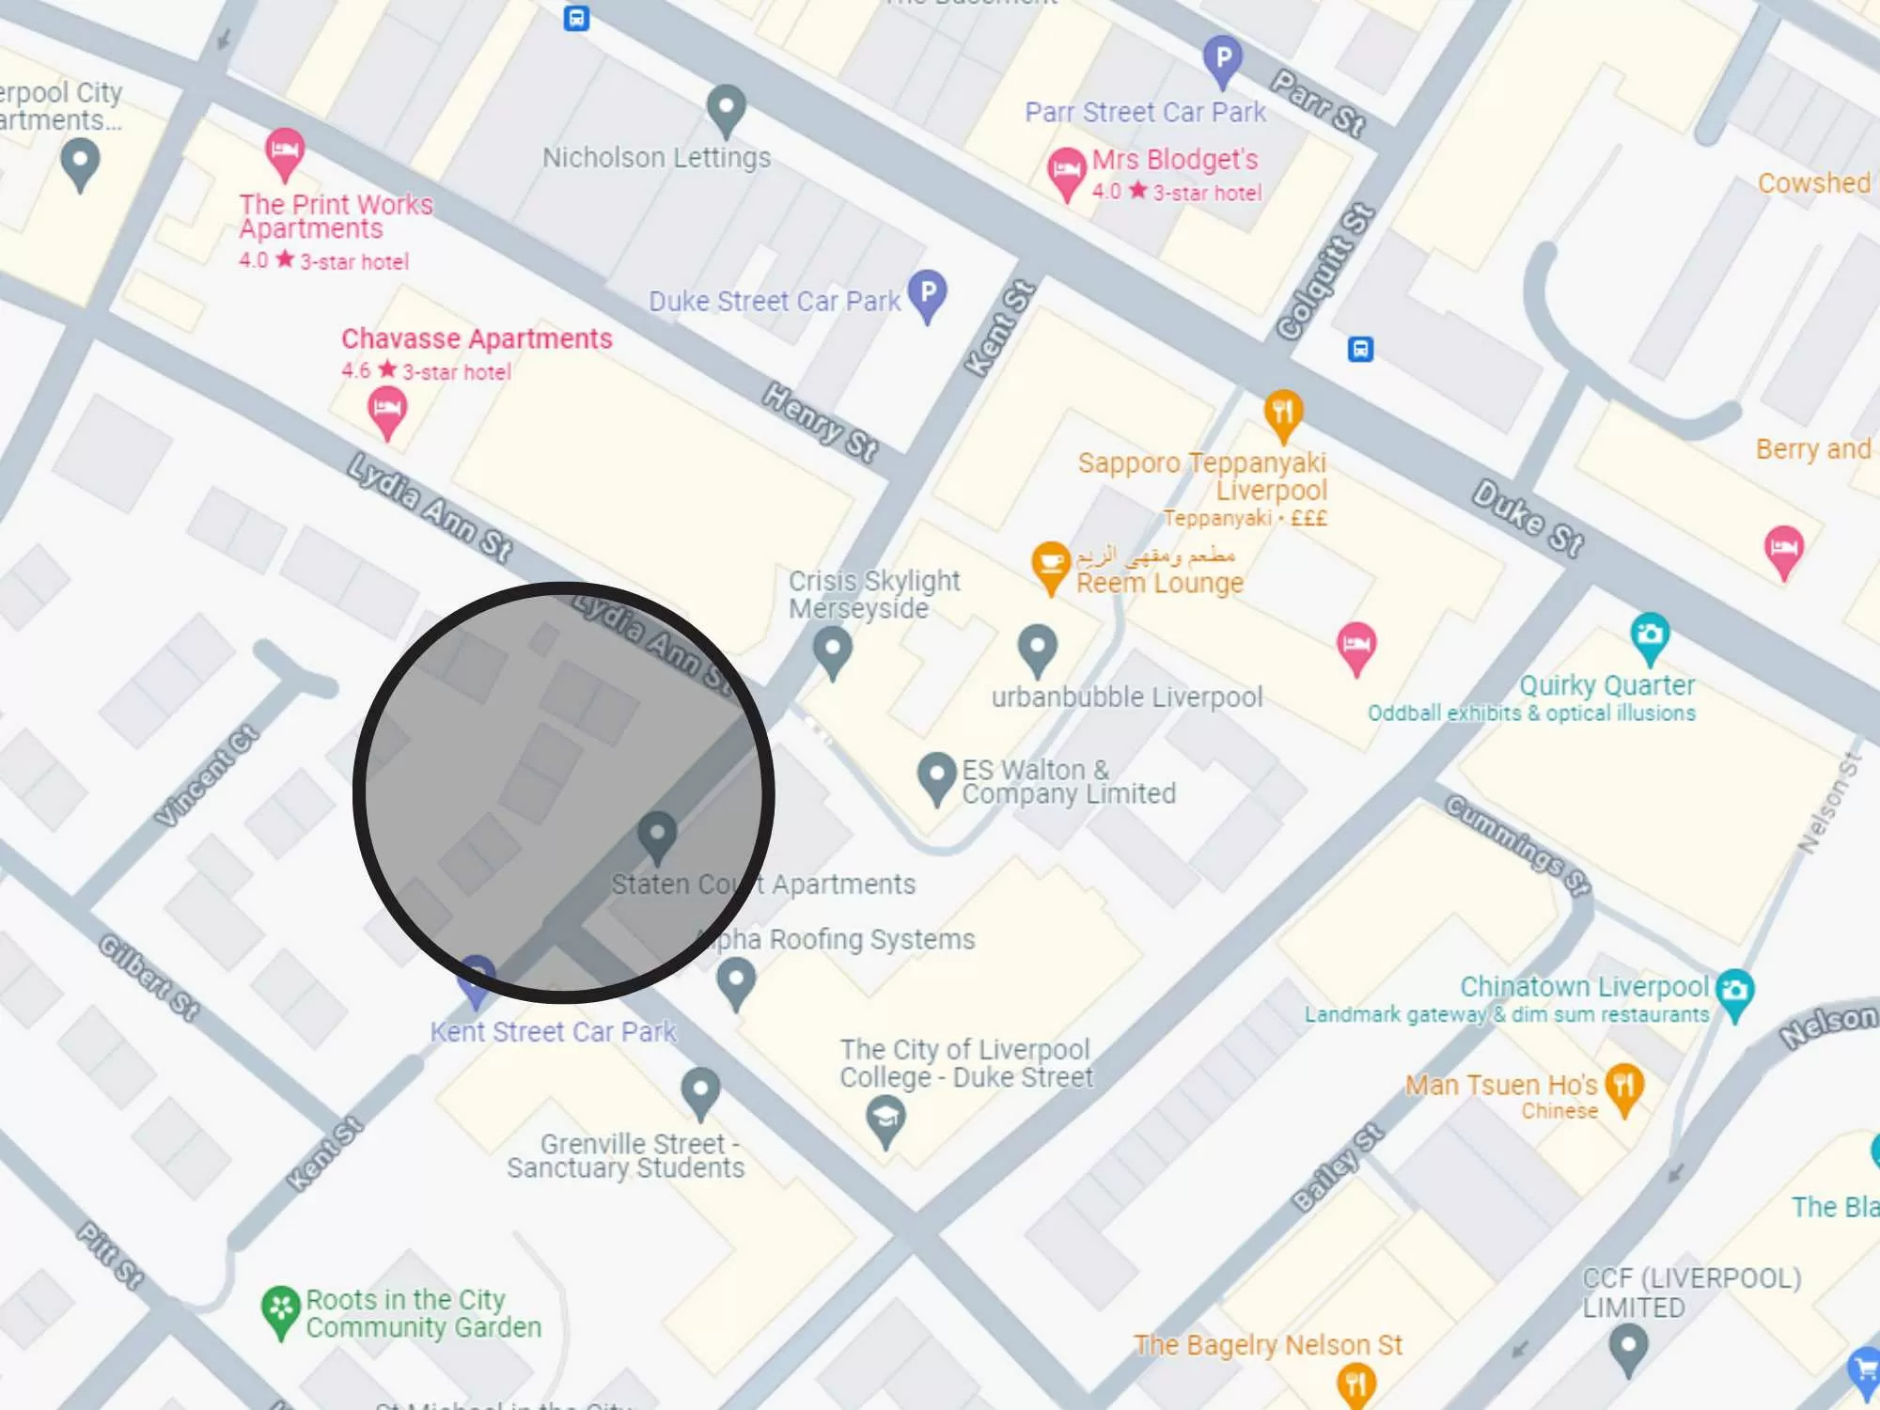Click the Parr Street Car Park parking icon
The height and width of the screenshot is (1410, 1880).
(1222, 59)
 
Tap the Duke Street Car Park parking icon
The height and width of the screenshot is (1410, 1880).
(928, 293)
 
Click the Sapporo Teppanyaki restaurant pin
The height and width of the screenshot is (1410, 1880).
(1283, 413)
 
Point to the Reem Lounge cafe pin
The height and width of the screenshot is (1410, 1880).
(1051, 564)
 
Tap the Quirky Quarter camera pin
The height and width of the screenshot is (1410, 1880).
(1650, 635)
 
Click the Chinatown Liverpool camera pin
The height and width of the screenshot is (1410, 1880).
(1734, 991)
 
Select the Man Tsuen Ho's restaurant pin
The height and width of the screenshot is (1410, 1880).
(1624, 1087)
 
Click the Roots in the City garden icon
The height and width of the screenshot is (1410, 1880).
(280, 1309)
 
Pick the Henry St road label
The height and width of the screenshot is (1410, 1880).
(820, 422)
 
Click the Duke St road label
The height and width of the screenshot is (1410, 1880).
(1527, 518)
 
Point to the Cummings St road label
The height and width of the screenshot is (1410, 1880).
(1517, 844)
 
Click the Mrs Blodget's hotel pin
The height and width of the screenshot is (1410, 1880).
(1066, 171)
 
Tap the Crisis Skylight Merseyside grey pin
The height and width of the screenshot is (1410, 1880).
(832, 649)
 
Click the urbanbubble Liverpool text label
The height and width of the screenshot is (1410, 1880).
(1127, 697)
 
